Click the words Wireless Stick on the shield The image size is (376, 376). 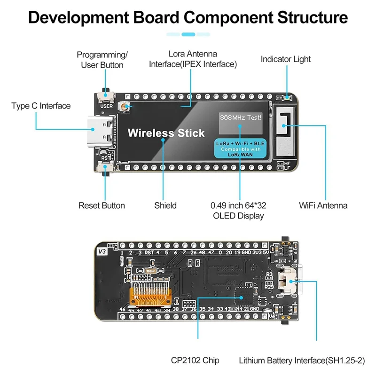(x=166, y=133)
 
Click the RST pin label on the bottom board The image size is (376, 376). (x=149, y=252)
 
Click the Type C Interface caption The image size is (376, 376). (x=41, y=106)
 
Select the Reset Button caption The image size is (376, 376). (x=102, y=205)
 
